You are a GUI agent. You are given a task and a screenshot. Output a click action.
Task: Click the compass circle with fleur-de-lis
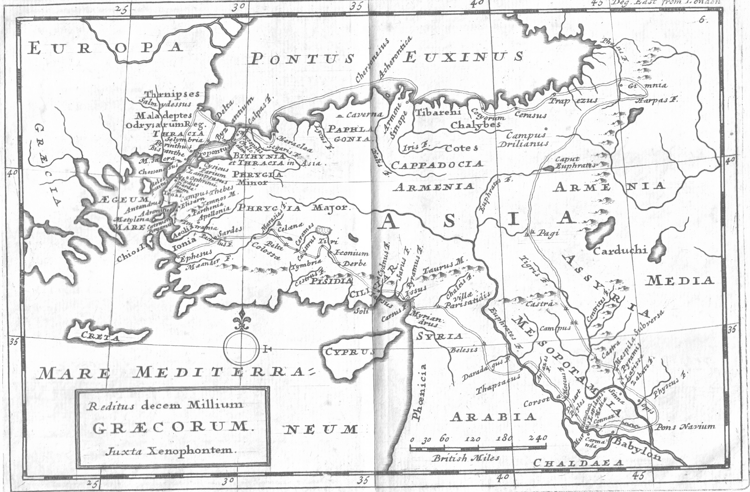point(240,347)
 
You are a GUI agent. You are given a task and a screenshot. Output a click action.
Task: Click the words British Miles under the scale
point(466,458)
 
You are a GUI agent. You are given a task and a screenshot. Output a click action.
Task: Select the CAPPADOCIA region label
point(437,164)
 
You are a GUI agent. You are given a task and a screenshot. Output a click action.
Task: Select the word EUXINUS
point(463,57)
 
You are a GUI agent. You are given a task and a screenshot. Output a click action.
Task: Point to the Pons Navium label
point(685,427)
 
